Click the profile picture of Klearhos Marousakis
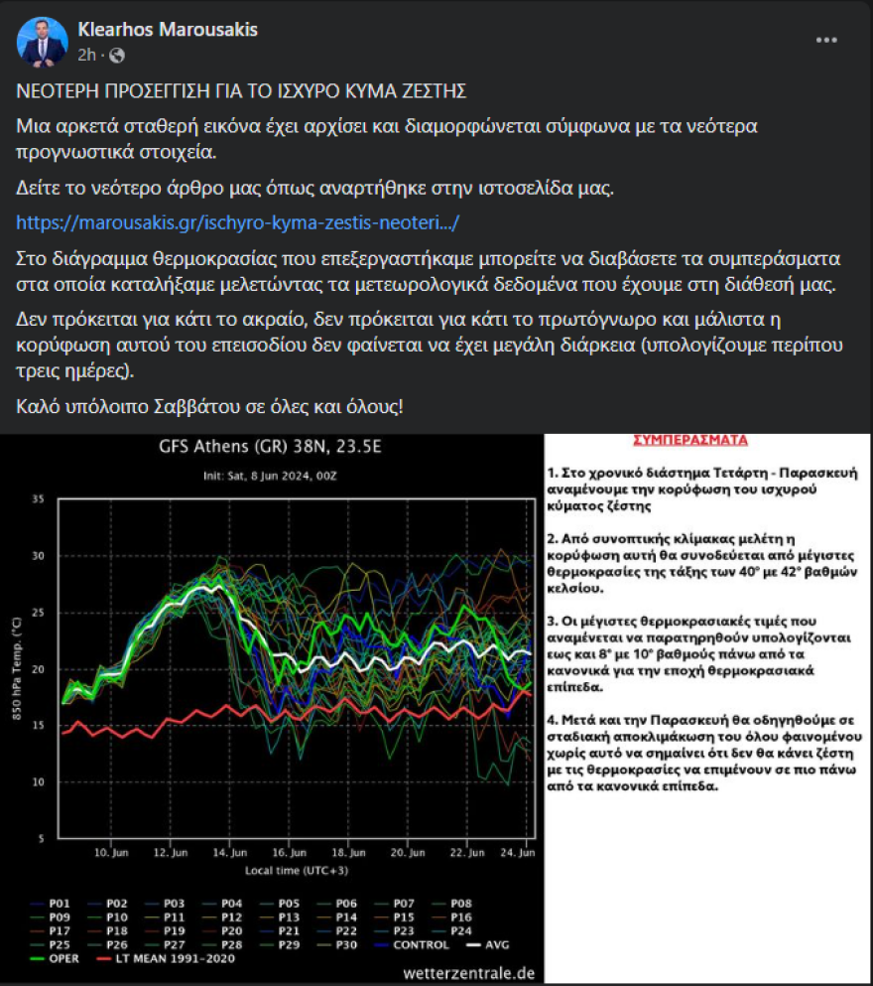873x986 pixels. (42, 42)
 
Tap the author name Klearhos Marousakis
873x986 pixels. (168, 30)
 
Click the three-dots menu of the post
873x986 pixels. (826, 40)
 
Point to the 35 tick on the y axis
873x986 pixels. (40, 498)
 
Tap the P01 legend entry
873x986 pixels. (57, 903)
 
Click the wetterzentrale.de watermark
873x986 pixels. (469, 973)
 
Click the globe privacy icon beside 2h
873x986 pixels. (116, 54)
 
